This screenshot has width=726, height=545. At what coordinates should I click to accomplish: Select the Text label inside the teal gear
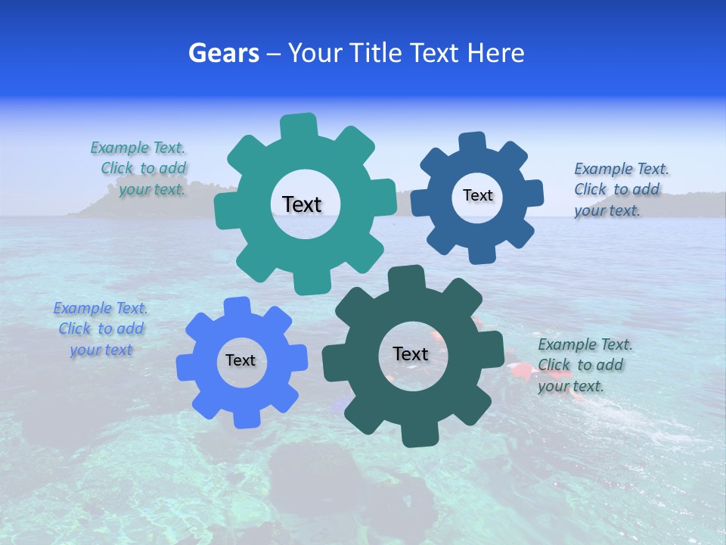pyautogui.click(x=302, y=204)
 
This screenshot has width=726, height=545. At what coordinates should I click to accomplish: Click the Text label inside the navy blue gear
pyautogui.click(x=477, y=195)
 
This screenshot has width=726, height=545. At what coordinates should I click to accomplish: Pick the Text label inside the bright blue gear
pyautogui.click(x=240, y=360)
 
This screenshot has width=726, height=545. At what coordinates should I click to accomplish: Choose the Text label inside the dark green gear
pyautogui.click(x=411, y=353)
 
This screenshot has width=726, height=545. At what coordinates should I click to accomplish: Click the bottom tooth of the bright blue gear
pyautogui.click(x=245, y=418)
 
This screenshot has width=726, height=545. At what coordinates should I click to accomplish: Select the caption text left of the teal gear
pyautogui.click(x=139, y=169)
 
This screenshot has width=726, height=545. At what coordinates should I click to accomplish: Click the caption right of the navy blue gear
pyautogui.click(x=620, y=189)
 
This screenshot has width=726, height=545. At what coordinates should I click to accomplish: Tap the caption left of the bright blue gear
pyautogui.click(x=101, y=329)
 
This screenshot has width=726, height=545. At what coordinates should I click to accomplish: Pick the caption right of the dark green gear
pyautogui.click(x=584, y=365)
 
